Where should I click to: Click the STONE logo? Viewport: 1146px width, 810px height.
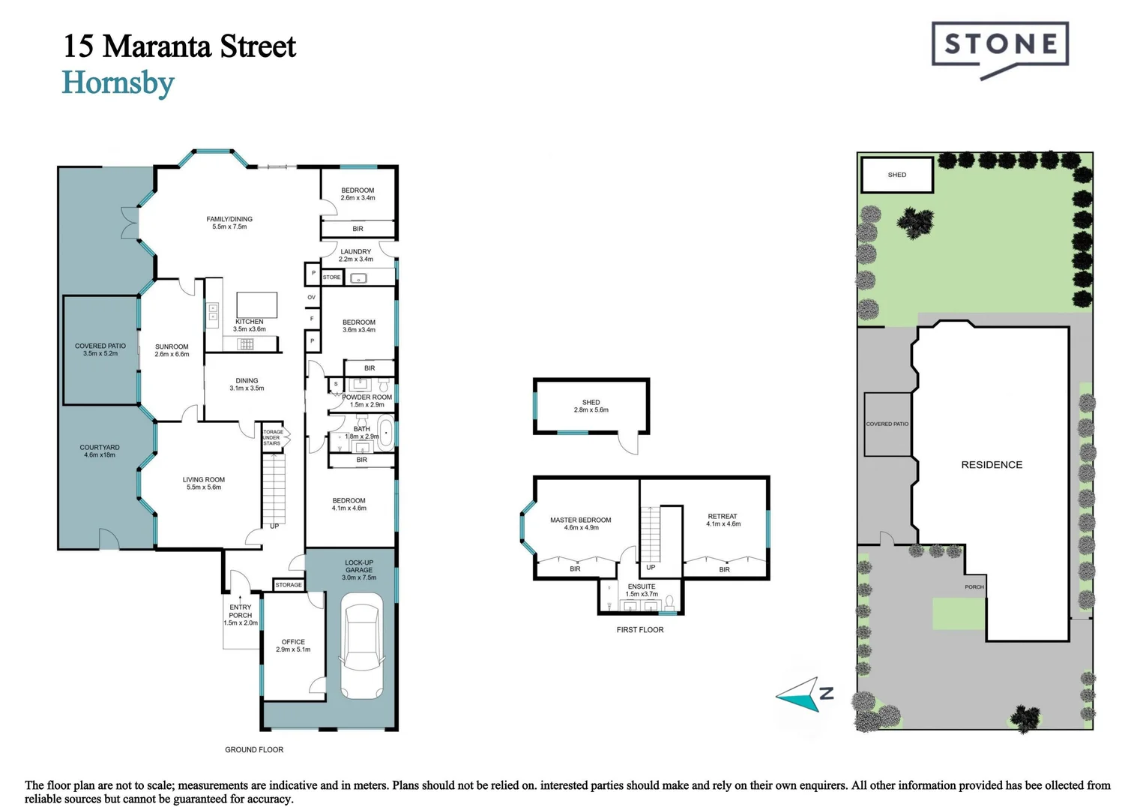(1000, 46)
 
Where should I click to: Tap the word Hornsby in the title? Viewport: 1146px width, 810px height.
(118, 83)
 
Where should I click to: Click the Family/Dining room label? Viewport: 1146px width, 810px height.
(229, 223)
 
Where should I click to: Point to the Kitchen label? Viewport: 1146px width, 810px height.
(250, 325)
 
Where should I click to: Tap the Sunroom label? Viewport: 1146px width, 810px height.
(172, 350)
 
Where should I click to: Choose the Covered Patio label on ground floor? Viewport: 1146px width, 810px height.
(100, 349)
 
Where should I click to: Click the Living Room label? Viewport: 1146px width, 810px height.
(204, 483)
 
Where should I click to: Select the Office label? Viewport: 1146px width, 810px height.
(293, 645)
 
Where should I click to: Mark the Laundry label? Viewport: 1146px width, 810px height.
(356, 255)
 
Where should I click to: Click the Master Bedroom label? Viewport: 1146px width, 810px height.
(581, 523)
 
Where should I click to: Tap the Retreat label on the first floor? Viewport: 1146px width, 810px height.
(723, 520)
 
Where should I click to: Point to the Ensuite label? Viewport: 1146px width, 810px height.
(642, 589)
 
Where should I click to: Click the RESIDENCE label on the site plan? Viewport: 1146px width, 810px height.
(992, 465)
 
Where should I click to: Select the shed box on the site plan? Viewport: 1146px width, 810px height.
(897, 175)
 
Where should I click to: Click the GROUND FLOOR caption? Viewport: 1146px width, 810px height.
(254, 749)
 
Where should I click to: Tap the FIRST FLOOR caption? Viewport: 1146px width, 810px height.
(640, 630)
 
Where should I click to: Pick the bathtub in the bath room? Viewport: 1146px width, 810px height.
(385, 433)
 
